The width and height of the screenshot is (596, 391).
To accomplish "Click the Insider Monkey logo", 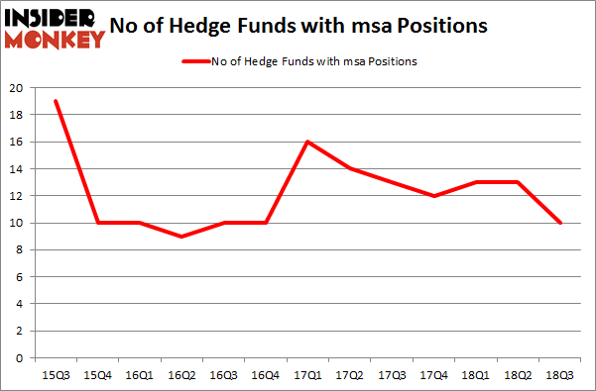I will pos(55,27).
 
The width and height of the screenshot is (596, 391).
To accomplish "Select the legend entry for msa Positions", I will pos(298,61).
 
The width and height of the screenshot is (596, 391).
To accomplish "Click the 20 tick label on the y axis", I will pos(17,88).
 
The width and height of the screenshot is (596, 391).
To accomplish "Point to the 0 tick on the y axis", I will pos(20,358).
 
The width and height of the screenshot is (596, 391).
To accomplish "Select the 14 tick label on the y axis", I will pos(17,169).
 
